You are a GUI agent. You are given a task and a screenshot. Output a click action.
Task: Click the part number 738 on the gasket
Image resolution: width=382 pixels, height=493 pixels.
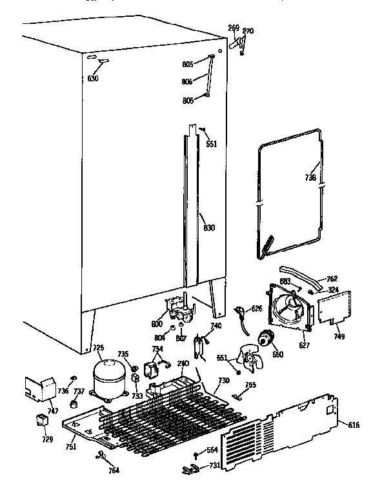point(310,178)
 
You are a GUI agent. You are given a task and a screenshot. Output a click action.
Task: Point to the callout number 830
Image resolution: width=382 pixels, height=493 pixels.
point(208,227)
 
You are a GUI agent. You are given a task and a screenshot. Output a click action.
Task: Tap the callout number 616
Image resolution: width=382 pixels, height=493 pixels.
point(354,425)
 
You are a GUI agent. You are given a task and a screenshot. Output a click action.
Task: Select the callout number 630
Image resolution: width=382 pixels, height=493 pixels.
point(94,79)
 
